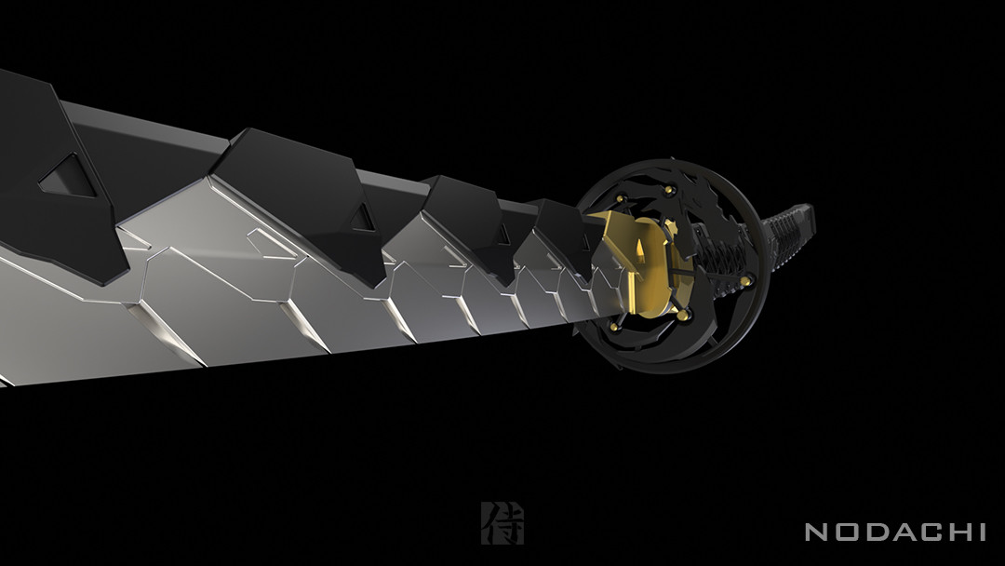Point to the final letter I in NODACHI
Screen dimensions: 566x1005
pos(980,532)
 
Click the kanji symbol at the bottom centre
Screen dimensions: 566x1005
pos(502,523)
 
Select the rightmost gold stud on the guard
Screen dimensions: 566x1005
pos(744,279)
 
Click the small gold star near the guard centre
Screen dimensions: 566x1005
pos(672,225)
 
